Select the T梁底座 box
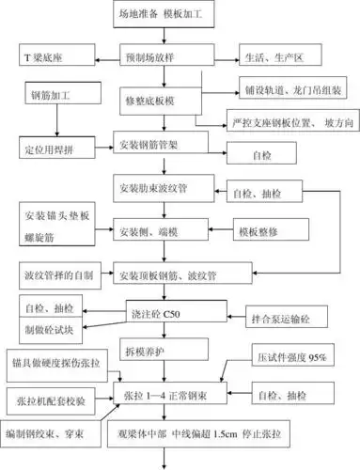(x=51, y=56)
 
